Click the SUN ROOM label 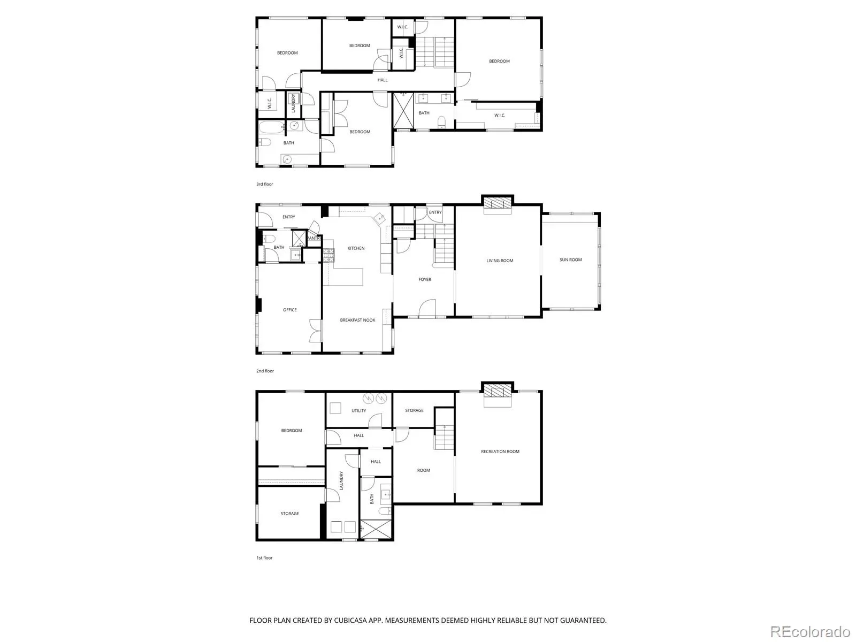click(x=570, y=259)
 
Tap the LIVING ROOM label click(x=500, y=261)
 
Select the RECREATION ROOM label click(x=500, y=452)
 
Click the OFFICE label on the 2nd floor click(x=290, y=310)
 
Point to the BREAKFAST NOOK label click(x=357, y=320)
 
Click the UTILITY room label click(x=359, y=410)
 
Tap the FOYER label click(x=425, y=279)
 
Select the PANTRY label click(x=314, y=238)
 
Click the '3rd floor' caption click(x=264, y=184)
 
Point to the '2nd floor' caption click(x=265, y=371)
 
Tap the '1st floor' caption click(x=264, y=558)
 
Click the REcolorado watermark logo click(x=810, y=631)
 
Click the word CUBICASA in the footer click(x=350, y=620)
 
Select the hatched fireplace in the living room click(x=497, y=203)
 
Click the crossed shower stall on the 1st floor click(x=375, y=529)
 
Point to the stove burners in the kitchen click(x=328, y=255)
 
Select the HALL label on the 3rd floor click(x=382, y=80)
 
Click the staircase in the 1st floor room click(x=444, y=437)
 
